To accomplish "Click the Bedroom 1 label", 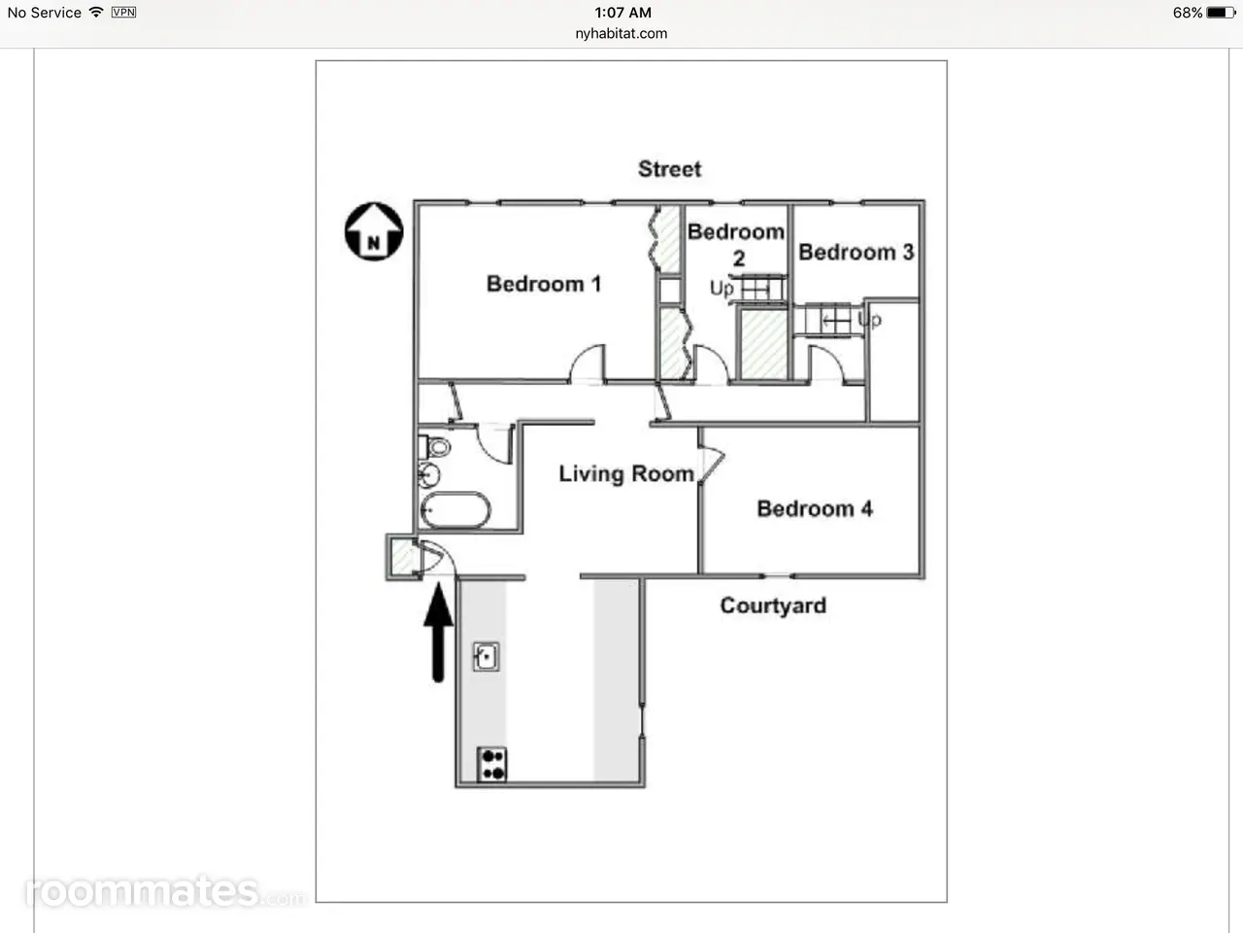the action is click(544, 284).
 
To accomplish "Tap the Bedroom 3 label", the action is click(857, 252).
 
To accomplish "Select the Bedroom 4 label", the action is click(815, 508).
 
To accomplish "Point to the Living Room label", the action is click(626, 473).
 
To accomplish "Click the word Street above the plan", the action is click(669, 169).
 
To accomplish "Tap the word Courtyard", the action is click(773, 605).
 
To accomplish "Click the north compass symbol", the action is click(374, 231).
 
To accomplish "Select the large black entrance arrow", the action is click(438, 633).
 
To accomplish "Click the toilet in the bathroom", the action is click(435, 447).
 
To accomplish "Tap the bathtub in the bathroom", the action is click(455, 510).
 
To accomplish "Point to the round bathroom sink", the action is click(428, 475).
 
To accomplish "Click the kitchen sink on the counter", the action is click(487, 657).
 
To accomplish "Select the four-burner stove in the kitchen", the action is click(492, 764).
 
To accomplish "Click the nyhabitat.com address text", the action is click(621, 33).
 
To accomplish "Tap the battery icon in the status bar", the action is click(1221, 13).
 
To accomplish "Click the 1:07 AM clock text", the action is click(622, 13).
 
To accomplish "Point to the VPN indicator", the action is click(123, 12).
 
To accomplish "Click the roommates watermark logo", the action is click(164, 891).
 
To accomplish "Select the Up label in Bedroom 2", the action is click(722, 289).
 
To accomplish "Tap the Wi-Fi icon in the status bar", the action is click(96, 12).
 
